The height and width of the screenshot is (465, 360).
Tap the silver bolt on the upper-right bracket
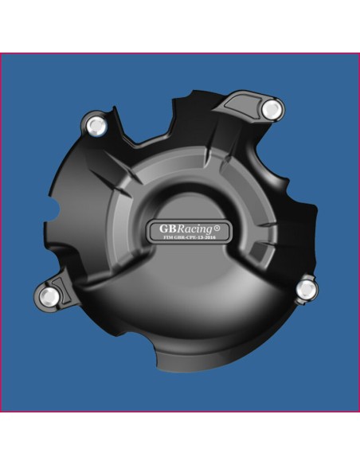(x=272, y=107)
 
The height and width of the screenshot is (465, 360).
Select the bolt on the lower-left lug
(x=50, y=295)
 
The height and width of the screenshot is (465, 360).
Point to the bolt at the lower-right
(x=305, y=287)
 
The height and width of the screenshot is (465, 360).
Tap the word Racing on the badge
(x=195, y=229)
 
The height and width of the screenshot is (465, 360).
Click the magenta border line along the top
(x=180, y=53)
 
